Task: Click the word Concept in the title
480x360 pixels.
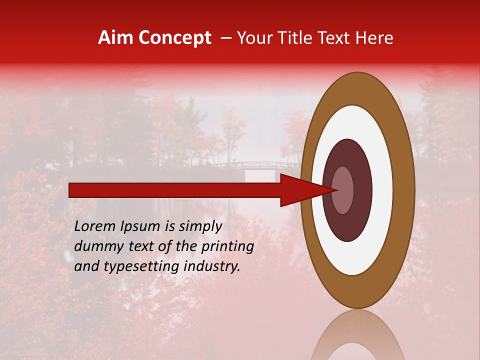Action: [174, 38]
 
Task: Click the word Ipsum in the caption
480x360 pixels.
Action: [143, 226]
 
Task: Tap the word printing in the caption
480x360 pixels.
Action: [227, 246]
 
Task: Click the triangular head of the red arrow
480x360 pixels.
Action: [305, 190]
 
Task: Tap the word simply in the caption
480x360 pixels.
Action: [199, 226]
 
